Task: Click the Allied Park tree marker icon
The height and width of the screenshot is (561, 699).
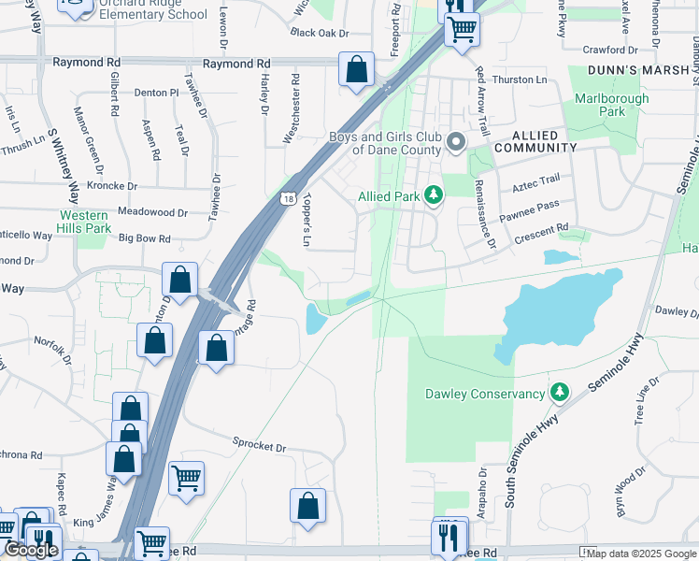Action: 433,195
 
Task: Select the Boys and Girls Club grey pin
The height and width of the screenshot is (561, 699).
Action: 456,143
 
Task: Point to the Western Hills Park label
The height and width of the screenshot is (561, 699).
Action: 84,222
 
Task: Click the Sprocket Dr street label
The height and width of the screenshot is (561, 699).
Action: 259,445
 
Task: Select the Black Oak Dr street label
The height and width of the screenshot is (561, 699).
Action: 319,33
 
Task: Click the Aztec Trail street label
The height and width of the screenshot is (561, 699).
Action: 536,180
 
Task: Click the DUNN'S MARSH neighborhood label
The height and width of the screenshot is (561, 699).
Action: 631,70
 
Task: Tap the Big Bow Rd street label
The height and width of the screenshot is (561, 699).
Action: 145,239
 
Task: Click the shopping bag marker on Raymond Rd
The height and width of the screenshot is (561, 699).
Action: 356,69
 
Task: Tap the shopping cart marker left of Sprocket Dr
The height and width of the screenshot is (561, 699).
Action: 186,478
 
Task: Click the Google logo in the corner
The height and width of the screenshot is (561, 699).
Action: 31,551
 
